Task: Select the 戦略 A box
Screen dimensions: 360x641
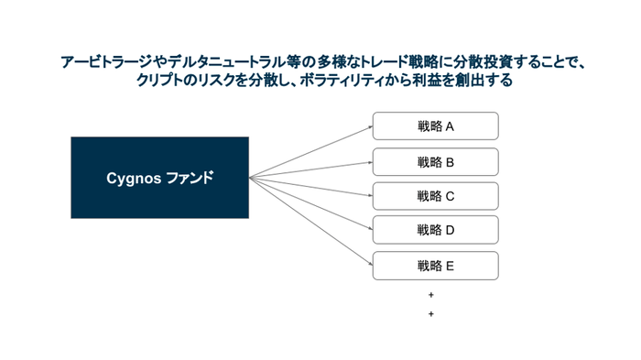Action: pyautogui.click(x=435, y=126)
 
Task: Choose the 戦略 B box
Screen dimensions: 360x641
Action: pyautogui.click(x=435, y=162)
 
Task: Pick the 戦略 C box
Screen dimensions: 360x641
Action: pyautogui.click(x=435, y=196)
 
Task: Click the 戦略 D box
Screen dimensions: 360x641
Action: pyautogui.click(x=435, y=230)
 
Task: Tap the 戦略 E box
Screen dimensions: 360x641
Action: pyautogui.click(x=435, y=266)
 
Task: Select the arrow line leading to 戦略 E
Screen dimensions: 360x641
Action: pyautogui.click(x=311, y=222)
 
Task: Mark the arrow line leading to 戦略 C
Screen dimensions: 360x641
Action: pyautogui.click(x=311, y=186)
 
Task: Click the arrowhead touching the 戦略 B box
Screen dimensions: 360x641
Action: pyautogui.click(x=369, y=162)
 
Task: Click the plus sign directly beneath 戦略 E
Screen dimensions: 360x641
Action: pyautogui.click(x=430, y=296)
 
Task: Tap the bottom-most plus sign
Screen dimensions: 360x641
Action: pyautogui.click(x=430, y=314)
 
